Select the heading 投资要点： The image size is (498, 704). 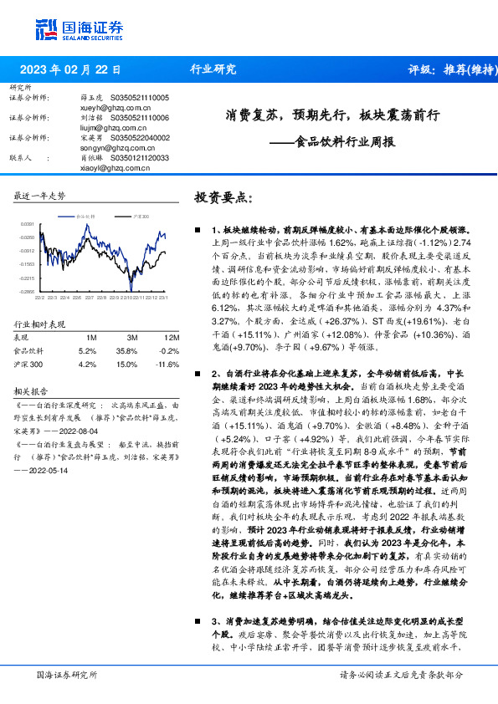[223, 197]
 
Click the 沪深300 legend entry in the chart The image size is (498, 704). [141, 216]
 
